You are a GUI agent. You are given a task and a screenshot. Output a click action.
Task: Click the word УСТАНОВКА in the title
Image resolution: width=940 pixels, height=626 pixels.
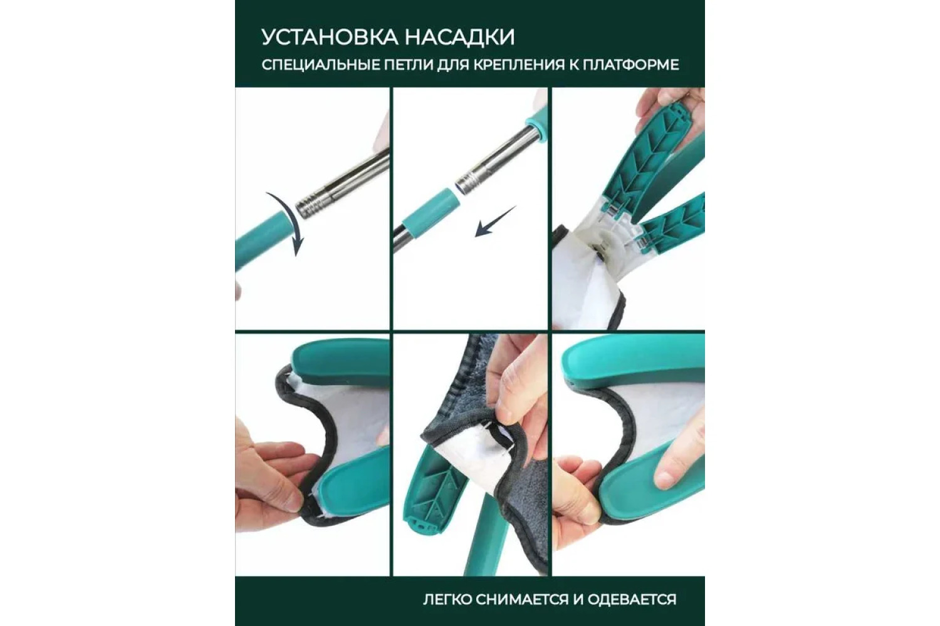click(x=330, y=38)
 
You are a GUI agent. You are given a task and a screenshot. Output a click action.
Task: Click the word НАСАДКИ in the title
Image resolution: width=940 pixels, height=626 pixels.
click(x=460, y=38)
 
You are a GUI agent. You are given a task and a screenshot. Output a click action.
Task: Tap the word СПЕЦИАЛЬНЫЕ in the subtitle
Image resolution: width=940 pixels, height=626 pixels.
click(x=316, y=65)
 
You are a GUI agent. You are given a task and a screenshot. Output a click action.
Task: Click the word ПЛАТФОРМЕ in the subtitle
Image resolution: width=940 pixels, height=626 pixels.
click(x=630, y=65)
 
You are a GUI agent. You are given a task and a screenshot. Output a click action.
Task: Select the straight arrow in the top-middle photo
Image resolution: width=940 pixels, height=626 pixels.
click(x=495, y=222)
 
